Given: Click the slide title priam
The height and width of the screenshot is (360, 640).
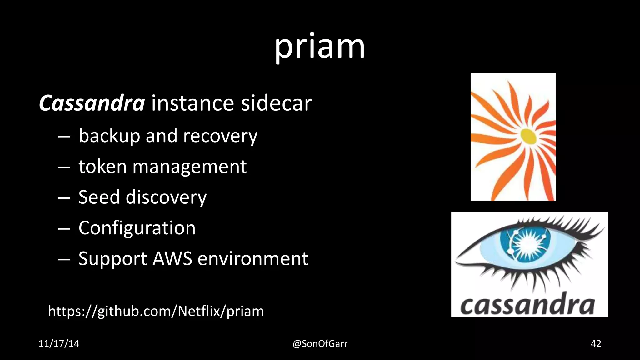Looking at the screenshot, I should tap(320, 47).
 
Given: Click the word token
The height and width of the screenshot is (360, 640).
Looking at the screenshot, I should tap(102, 166).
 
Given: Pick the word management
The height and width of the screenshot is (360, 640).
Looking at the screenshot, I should tap(189, 167).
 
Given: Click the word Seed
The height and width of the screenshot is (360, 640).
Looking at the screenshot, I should tap(99, 197).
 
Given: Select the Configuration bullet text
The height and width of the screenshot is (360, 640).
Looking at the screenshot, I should tap(137, 228).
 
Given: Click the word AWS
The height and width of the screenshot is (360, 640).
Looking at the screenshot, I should tap(172, 258).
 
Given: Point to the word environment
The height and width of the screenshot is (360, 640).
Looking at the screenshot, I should tap(253, 258).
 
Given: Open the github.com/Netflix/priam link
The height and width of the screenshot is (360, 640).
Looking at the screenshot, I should tap(156, 311).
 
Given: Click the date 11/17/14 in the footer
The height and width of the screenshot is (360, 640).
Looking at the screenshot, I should tap(59, 344).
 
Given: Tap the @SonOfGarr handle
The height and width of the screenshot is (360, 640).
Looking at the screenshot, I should tap(320, 344).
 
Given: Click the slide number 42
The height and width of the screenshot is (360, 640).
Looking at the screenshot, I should tap(596, 344).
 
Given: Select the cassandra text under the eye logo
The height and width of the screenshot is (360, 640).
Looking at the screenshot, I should tap(527, 304).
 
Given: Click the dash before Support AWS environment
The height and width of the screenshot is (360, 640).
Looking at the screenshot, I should tap(64, 259).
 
